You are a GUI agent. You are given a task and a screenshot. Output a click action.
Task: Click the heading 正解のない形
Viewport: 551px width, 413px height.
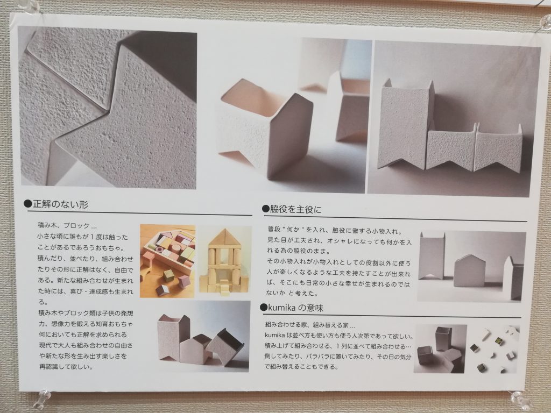[60, 204]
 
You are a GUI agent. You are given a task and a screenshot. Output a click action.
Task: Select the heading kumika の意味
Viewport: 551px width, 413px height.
[295, 308]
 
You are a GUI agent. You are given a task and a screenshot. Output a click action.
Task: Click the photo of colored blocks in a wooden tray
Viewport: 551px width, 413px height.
[168, 261]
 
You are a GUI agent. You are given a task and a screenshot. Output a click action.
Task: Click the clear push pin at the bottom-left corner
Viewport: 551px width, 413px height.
[45, 396]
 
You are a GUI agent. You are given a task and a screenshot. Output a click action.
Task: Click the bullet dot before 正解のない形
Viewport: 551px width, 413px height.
[28, 204]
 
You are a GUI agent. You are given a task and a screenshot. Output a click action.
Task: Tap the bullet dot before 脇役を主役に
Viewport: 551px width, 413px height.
[265, 209]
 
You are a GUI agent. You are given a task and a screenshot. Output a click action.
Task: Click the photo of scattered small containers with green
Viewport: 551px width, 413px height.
[495, 349]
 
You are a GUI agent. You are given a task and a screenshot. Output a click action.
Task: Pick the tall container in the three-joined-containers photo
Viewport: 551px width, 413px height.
[404, 124]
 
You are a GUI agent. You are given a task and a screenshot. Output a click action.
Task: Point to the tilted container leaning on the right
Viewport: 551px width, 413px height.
[225, 346]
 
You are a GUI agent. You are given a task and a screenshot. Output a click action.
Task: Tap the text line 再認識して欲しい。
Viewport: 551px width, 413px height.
[66, 367]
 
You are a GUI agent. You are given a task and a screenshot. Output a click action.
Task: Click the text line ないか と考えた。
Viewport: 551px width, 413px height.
[292, 293]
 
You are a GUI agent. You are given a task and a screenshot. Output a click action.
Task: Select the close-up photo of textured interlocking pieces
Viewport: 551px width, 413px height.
[108, 108]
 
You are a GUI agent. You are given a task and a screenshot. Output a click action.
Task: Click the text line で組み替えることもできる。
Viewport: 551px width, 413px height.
[301, 367]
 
